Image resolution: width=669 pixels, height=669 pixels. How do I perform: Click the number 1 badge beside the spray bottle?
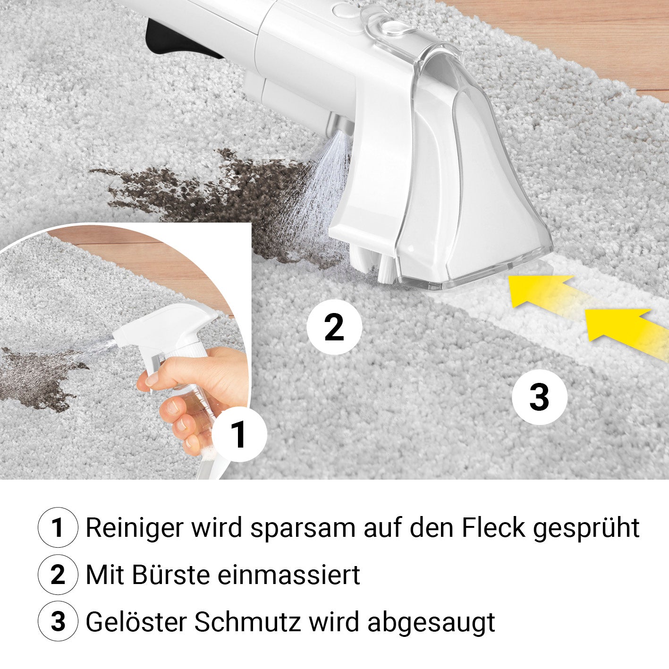pos(239,434)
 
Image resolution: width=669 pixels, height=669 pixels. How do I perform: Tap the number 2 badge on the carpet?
pos(334,327)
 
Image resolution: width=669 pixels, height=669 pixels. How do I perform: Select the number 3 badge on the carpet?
pos(540,397)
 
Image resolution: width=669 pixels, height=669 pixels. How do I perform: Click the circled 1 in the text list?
pos(58,528)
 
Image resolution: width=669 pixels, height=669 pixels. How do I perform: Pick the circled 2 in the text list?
pos(58,575)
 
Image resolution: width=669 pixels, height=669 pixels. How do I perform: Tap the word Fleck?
pos(493,528)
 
